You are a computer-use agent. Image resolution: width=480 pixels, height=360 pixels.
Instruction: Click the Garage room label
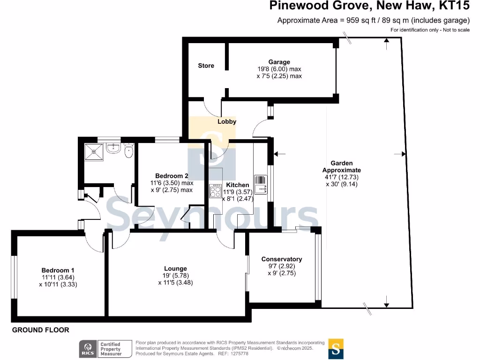point(279,62)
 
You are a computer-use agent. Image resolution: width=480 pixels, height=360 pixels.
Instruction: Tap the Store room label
point(206,66)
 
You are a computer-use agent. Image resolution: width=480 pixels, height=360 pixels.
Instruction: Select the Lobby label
point(227,121)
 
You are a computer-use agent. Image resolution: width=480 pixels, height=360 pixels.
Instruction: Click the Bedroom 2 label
point(172,176)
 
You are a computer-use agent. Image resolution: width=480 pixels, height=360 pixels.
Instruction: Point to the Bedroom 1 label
point(58,270)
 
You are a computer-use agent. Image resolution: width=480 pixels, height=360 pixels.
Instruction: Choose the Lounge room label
point(176,269)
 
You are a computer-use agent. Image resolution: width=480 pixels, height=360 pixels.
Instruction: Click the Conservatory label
point(281,259)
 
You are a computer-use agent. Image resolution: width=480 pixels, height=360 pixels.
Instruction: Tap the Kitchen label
point(238,185)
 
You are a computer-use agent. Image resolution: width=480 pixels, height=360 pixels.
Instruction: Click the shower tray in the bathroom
point(95,151)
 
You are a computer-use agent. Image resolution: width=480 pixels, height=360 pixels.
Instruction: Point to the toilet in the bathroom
point(129,150)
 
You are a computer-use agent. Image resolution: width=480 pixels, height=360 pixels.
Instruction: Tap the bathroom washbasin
point(113,149)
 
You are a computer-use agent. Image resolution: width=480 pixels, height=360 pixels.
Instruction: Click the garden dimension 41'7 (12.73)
point(342,177)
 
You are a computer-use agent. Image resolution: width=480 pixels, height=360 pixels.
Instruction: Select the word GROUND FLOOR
point(40,330)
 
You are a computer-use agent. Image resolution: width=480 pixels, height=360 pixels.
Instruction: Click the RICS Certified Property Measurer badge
point(101,348)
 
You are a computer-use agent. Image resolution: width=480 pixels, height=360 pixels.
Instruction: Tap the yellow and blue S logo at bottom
point(336,348)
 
